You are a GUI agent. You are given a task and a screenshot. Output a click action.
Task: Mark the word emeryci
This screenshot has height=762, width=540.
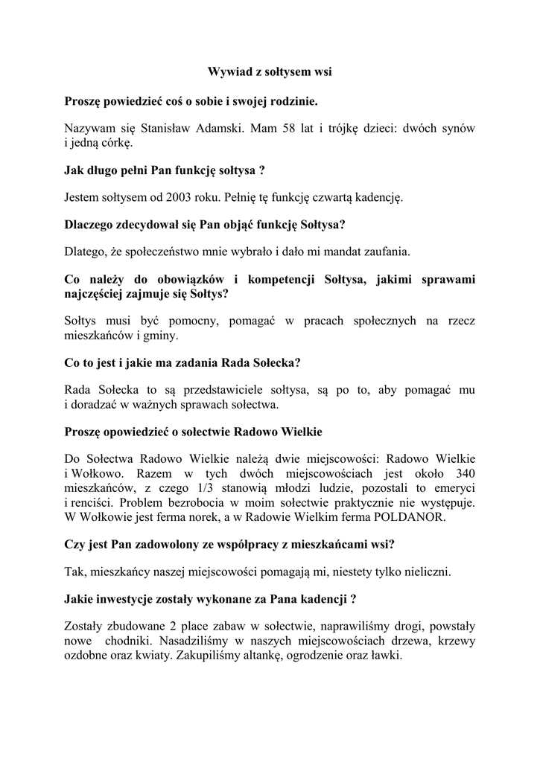coord(454,489)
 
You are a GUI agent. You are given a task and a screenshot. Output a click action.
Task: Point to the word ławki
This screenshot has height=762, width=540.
coord(385,656)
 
